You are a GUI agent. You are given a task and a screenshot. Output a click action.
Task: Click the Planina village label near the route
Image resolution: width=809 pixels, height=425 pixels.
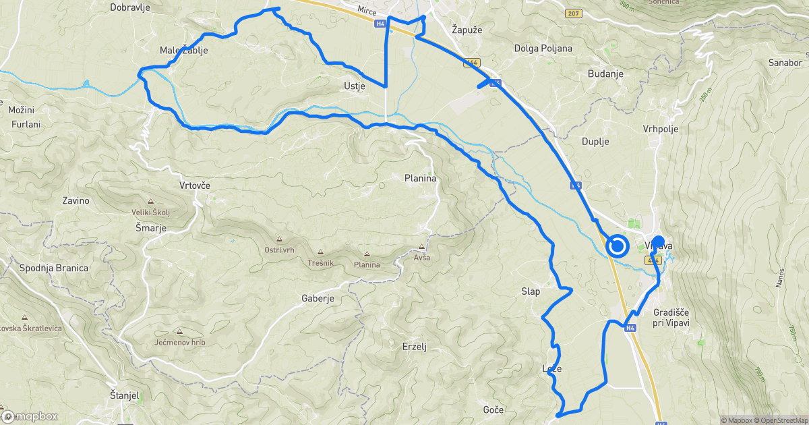pyautogui.click(x=420, y=179)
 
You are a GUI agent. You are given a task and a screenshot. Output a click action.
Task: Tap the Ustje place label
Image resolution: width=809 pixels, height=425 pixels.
pyautogui.click(x=354, y=86)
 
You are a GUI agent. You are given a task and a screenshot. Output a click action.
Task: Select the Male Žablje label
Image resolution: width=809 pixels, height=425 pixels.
pyautogui.click(x=183, y=51)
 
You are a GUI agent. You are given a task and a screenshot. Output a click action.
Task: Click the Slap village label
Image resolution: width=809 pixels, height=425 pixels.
pyautogui.click(x=531, y=291)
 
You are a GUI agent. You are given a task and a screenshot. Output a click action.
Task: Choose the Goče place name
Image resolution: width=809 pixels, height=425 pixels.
pyautogui.click(x=493, y=409)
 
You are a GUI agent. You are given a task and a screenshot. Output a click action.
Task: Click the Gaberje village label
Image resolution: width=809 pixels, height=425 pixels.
pyautogui.click(x=318, y=298)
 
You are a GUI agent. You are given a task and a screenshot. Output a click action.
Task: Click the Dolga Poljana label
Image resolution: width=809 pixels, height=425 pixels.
pyautogui.click(x=543, y=49)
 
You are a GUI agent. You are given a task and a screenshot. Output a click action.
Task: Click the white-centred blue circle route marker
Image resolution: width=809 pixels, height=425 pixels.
pyautogui.click(x=617, y=246)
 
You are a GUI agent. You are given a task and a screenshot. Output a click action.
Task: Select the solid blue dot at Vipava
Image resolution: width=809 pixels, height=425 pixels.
pyautogui.click(x=658, y=241)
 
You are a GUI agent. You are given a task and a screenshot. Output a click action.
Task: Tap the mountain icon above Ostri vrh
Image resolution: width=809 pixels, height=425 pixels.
pyautogui.click(x=278, y=239)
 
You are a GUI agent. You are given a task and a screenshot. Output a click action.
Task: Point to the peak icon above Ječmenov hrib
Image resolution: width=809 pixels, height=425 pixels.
pyautogui.click(x=179, y=331)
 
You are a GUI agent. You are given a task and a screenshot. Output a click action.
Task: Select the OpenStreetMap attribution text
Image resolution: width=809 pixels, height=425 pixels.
pyautogui.click(x=781, y=420)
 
